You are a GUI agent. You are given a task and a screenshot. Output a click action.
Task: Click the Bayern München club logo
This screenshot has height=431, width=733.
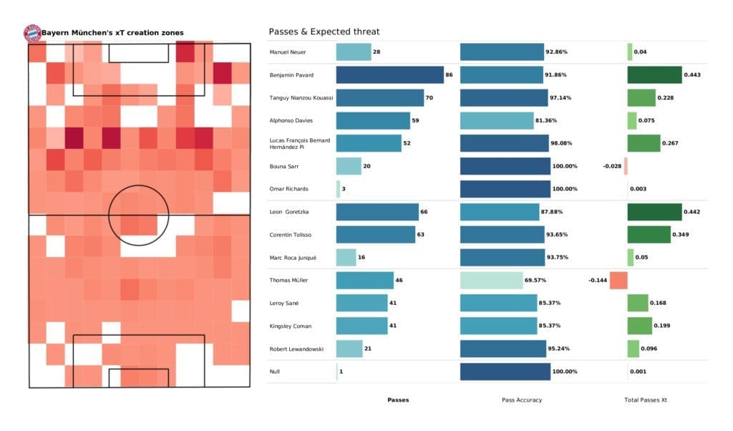[x=32, y=32]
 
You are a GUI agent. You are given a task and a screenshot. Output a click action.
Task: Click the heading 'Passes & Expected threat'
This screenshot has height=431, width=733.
[x=324, y=32]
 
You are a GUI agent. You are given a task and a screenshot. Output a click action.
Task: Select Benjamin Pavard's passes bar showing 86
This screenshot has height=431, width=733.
[x=390, y=74]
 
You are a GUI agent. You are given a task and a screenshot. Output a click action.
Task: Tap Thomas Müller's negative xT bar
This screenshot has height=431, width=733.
[x=618, y=280]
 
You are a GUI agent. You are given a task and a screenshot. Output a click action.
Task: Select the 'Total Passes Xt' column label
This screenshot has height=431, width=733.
[x=646, y=399]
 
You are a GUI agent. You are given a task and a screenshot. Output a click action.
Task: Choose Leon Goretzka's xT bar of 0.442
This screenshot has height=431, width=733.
[x=654, y=212]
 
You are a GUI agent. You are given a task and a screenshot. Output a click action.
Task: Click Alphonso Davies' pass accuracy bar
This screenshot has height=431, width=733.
[x=497, y=120]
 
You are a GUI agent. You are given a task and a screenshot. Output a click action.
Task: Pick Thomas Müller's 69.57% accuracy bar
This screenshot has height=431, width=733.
[x=491, y=280]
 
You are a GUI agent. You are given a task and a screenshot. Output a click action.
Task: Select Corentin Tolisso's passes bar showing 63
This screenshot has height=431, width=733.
[x=376, y=234]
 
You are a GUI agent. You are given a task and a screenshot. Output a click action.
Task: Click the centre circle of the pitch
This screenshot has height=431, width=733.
[x=138, y=214]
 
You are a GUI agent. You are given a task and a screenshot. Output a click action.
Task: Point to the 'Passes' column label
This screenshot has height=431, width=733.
[x=398, y=399]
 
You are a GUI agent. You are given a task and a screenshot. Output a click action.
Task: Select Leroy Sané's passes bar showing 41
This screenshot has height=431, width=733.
[x=361, y=303]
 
